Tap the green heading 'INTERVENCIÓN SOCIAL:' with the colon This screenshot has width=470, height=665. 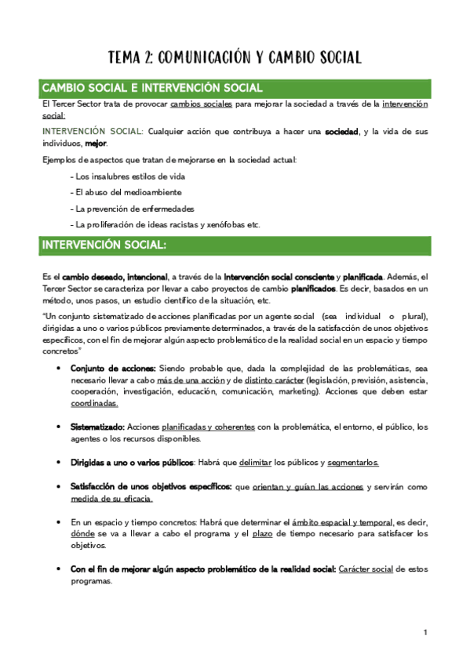click(104, 245)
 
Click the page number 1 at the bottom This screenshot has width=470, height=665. click(424, 632)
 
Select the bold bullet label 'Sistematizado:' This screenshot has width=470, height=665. click(97, 427)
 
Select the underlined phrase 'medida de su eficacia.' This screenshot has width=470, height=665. click(111, 499)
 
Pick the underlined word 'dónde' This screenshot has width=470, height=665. click(82, 534)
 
